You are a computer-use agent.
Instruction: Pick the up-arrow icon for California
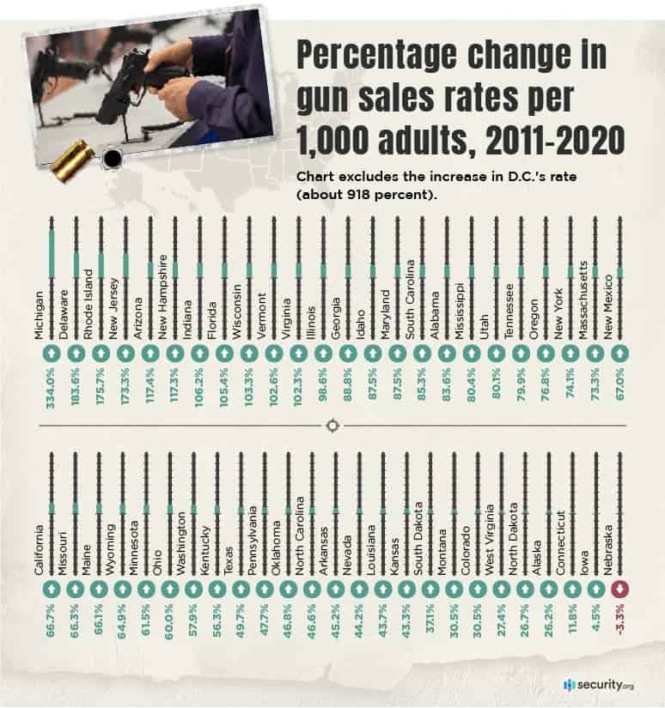click(x=51, y=590)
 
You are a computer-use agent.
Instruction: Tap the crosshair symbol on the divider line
click(x=332, y=426)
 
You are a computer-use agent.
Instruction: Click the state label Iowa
click(x=584, y=558)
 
